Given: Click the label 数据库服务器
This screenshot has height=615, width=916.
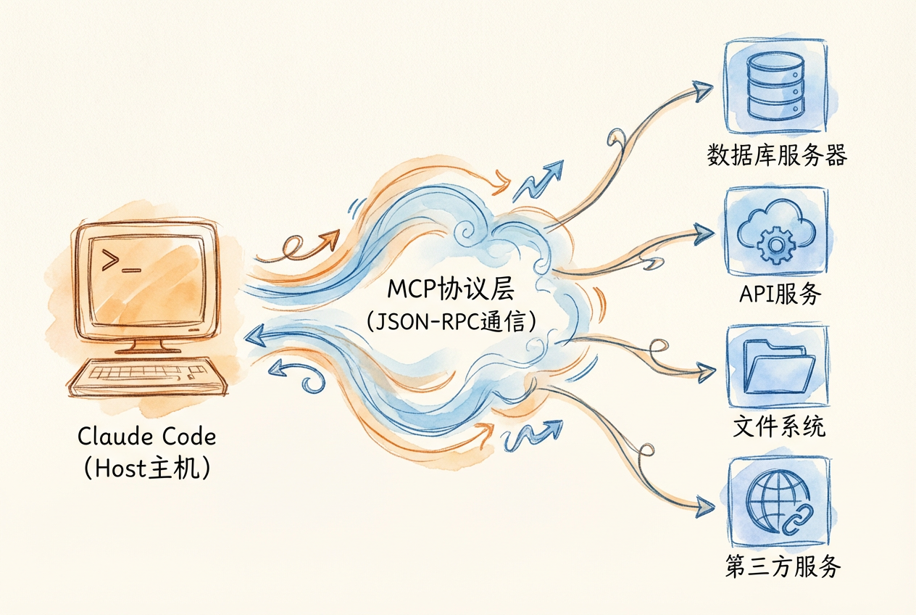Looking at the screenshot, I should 776,154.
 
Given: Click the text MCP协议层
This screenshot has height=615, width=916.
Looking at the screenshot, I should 450,289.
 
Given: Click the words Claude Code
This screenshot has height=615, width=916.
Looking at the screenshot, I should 146,437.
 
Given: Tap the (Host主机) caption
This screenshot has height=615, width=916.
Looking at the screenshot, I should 146,469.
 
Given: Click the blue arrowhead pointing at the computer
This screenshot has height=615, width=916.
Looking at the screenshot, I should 254,334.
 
